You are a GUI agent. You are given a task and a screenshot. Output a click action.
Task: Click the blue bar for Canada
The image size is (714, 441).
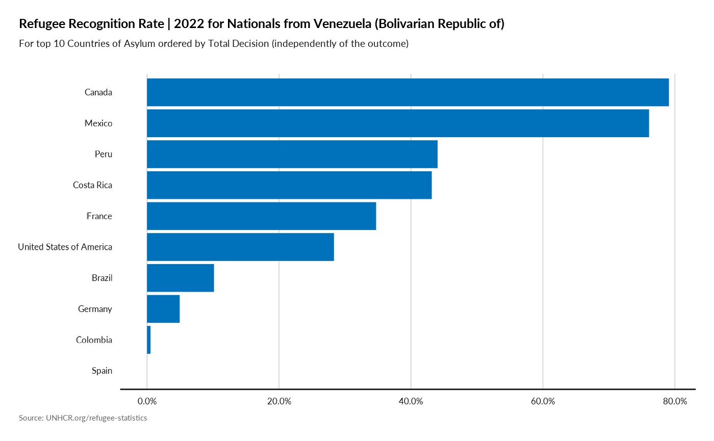407,92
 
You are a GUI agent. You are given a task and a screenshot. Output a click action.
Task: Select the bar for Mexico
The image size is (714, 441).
398,123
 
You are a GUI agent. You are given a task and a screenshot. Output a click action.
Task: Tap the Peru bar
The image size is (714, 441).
292,154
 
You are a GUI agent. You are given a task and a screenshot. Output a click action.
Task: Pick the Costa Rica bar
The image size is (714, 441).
289,185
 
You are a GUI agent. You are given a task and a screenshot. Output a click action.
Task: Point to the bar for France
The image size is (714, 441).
261,216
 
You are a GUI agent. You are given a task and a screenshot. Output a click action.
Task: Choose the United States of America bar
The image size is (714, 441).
240,247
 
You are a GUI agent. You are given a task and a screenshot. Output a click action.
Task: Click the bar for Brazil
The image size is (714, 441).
181,278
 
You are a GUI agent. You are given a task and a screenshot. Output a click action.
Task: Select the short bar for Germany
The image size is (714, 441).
163,309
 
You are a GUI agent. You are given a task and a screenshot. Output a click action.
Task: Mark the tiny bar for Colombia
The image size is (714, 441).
149,340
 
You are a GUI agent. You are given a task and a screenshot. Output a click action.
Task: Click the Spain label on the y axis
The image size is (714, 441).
101,371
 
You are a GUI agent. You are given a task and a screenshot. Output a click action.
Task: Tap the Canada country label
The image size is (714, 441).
98,92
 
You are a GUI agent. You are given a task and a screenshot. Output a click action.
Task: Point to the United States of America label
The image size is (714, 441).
65,247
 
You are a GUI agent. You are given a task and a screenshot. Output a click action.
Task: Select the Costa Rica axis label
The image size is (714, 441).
92,185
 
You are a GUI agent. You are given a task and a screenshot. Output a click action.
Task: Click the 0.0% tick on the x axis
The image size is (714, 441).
147,401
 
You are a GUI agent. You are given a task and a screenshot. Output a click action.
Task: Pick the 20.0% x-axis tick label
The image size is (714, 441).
279,401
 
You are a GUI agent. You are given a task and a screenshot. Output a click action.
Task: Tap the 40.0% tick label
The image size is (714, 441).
411,401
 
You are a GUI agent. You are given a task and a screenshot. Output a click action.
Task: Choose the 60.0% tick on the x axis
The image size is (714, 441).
543,401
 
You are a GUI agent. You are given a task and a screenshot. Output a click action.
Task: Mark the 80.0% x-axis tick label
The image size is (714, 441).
674,401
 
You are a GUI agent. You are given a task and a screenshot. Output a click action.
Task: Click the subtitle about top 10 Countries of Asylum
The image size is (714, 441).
214,44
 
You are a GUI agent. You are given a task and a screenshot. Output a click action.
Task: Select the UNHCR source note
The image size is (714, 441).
83,418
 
